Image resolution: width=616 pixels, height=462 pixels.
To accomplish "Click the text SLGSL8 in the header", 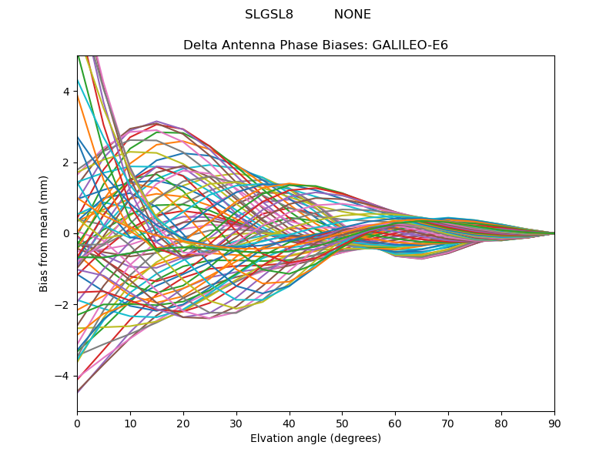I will pyautogui.click(x=269, y=15).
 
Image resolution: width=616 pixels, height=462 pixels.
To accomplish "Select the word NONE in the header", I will pyautogui.click(x=352, y=15).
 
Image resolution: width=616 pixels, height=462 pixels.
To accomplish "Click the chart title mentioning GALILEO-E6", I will pyautogui.click(x=316, y=45).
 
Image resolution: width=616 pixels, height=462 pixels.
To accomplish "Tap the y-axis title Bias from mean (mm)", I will pyautogui.click(x=44, y=233).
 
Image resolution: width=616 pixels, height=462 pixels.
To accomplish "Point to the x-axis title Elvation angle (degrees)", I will pyautogui.click(x=316, y=439).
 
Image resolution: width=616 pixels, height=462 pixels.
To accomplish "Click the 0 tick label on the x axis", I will pyautogui.click(x=77, y=423).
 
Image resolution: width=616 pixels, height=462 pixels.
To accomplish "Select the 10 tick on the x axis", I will pyautogui.click(x=130, y=423).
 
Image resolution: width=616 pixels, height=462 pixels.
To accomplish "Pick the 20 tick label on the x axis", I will pyautogui.click(x=183, y=423).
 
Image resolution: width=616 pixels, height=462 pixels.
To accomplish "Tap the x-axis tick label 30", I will pyautogui.click(x=236, y=423).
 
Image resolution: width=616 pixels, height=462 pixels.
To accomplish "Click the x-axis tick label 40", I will pyautogui.click(x=290, y=423).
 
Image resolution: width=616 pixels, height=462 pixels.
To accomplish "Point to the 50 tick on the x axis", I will pyautogui.click(x=342, y=423).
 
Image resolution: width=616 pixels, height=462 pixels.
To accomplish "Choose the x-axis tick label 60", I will pyautogui.click(x=395, y=423).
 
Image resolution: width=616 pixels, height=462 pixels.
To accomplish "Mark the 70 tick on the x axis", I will pyautogui.click(x=448, y=423).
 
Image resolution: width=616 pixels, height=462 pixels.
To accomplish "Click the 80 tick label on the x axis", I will pyautogui.click(x=501, y=423).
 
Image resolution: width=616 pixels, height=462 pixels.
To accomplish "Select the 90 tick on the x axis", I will pyautogui.click(x=554, y=423).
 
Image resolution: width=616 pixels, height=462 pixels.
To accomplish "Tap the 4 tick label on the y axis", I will pyautogui.click(x=66, y=91).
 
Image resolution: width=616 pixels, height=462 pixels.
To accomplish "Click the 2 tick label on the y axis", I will pyautogui.click(x=66, y=162).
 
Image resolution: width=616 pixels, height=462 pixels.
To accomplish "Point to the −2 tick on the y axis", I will pyautogui.click(x=63, y=304).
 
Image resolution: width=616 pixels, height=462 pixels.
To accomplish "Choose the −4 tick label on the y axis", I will pyautogui.click(x=63, y=376).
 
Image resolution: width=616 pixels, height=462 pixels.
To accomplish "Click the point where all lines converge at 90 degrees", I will pyautogui.click(x=554, y=233).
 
